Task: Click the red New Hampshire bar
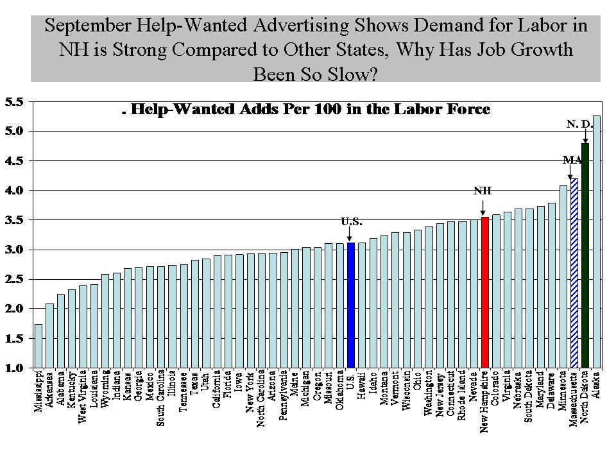pyautogui.click(x=485, y=292)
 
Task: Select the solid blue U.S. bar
pyautogui.click(x=350, y=305)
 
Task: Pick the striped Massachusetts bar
pyautogui.click(x=574, y=273)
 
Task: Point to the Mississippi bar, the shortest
pyautogui.click(x=38, y=346)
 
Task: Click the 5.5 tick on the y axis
pyautogui.click(x=13, y=101)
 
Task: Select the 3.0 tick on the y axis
pyautogui.click(x=13, y=250)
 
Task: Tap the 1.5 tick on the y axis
pyautogui.click(x=13, y=338)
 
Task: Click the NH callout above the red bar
pyautogui.click(x=482, y=191)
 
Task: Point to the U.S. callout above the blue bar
pyautogui.click(x=352, y=223)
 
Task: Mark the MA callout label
pyautogui.click(x=570, y=159)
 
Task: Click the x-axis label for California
pyautogui.click(x=218, y=389)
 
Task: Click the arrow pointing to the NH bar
pyautogui.click(x=483, y=207)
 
